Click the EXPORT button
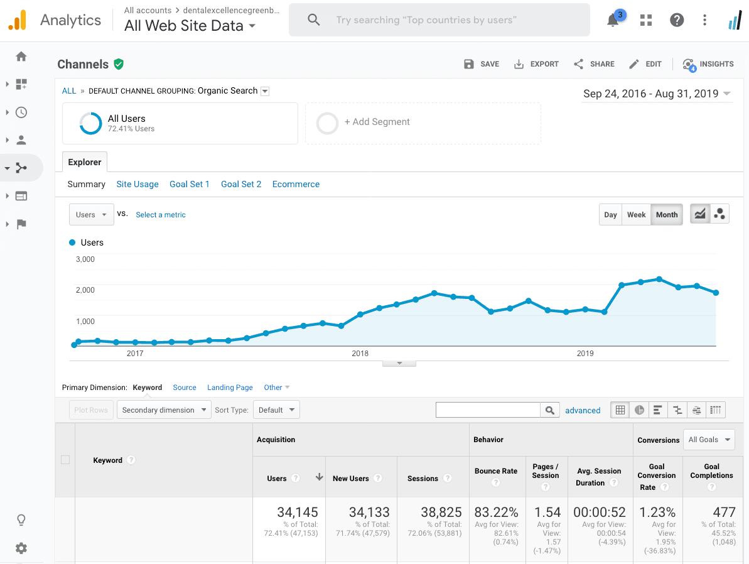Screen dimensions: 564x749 [x=536, y=64]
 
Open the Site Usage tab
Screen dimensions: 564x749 [x=137, y=184]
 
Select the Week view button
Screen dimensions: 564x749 [x=636, y=215]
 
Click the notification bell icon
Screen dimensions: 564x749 [x=613, y=20]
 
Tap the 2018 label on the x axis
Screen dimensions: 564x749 [x=360, y=354]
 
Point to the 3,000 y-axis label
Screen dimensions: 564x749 [x=85, y=259]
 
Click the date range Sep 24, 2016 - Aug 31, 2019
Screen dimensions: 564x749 [x=650, y=94]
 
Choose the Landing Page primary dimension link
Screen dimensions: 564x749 [x=230, y=388]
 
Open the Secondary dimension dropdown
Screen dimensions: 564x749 [x=164, y=410]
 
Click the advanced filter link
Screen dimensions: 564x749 [x=583, y=411]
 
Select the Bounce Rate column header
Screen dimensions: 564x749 [x=496, y=471]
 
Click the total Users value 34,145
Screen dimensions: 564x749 [x=298, y=512]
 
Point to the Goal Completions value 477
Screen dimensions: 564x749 [x=724, y=512]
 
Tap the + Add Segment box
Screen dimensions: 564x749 [x=423, y=123]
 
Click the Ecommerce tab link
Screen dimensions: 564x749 [x=296, y=184]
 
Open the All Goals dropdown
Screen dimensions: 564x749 [x=709, y=440]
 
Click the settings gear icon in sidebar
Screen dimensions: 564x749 [x=21, y=548]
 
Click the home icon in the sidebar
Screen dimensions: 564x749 [x=21, y=57]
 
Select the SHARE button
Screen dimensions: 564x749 [x=594, y=64]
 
